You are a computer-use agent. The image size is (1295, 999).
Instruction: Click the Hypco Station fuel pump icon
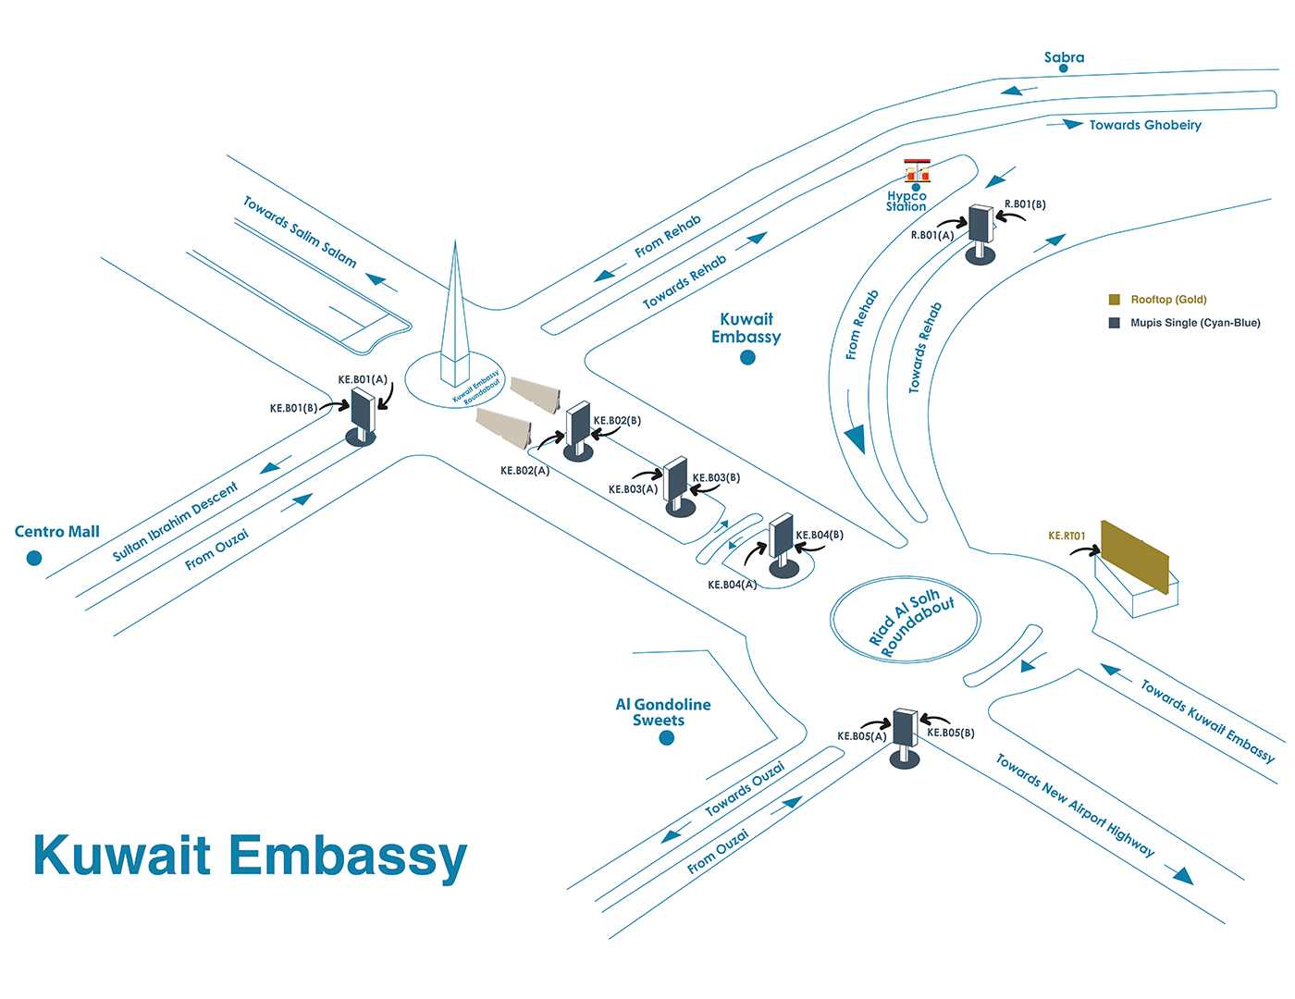tap(917, 171)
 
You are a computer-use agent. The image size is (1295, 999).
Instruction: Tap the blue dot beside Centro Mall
tap(34, 558)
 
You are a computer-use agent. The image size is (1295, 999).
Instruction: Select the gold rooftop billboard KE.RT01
tap(1135, 557)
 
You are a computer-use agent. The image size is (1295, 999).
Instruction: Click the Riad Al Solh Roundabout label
tap(910, 621)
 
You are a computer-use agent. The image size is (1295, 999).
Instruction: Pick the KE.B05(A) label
tap(861, 736)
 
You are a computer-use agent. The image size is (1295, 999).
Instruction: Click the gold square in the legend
tap(1115, 300)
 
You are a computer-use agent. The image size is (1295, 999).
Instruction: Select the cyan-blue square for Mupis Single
tap(1115, 323)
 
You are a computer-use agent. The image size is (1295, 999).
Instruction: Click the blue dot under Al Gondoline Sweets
tap(666, 738)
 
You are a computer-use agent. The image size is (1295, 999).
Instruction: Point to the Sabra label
tap(1064, 57)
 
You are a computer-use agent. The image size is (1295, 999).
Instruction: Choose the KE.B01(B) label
tap(293, 408)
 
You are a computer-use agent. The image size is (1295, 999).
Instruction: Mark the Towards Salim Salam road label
tap(300, 231)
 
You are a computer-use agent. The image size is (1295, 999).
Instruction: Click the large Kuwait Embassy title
tap(250, 856)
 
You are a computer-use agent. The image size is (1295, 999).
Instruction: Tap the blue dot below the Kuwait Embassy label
tap(747, 358)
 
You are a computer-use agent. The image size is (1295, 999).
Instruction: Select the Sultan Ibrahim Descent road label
tap(175, 521)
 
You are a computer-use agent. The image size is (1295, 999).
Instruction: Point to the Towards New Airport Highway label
tap(1075, 806)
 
